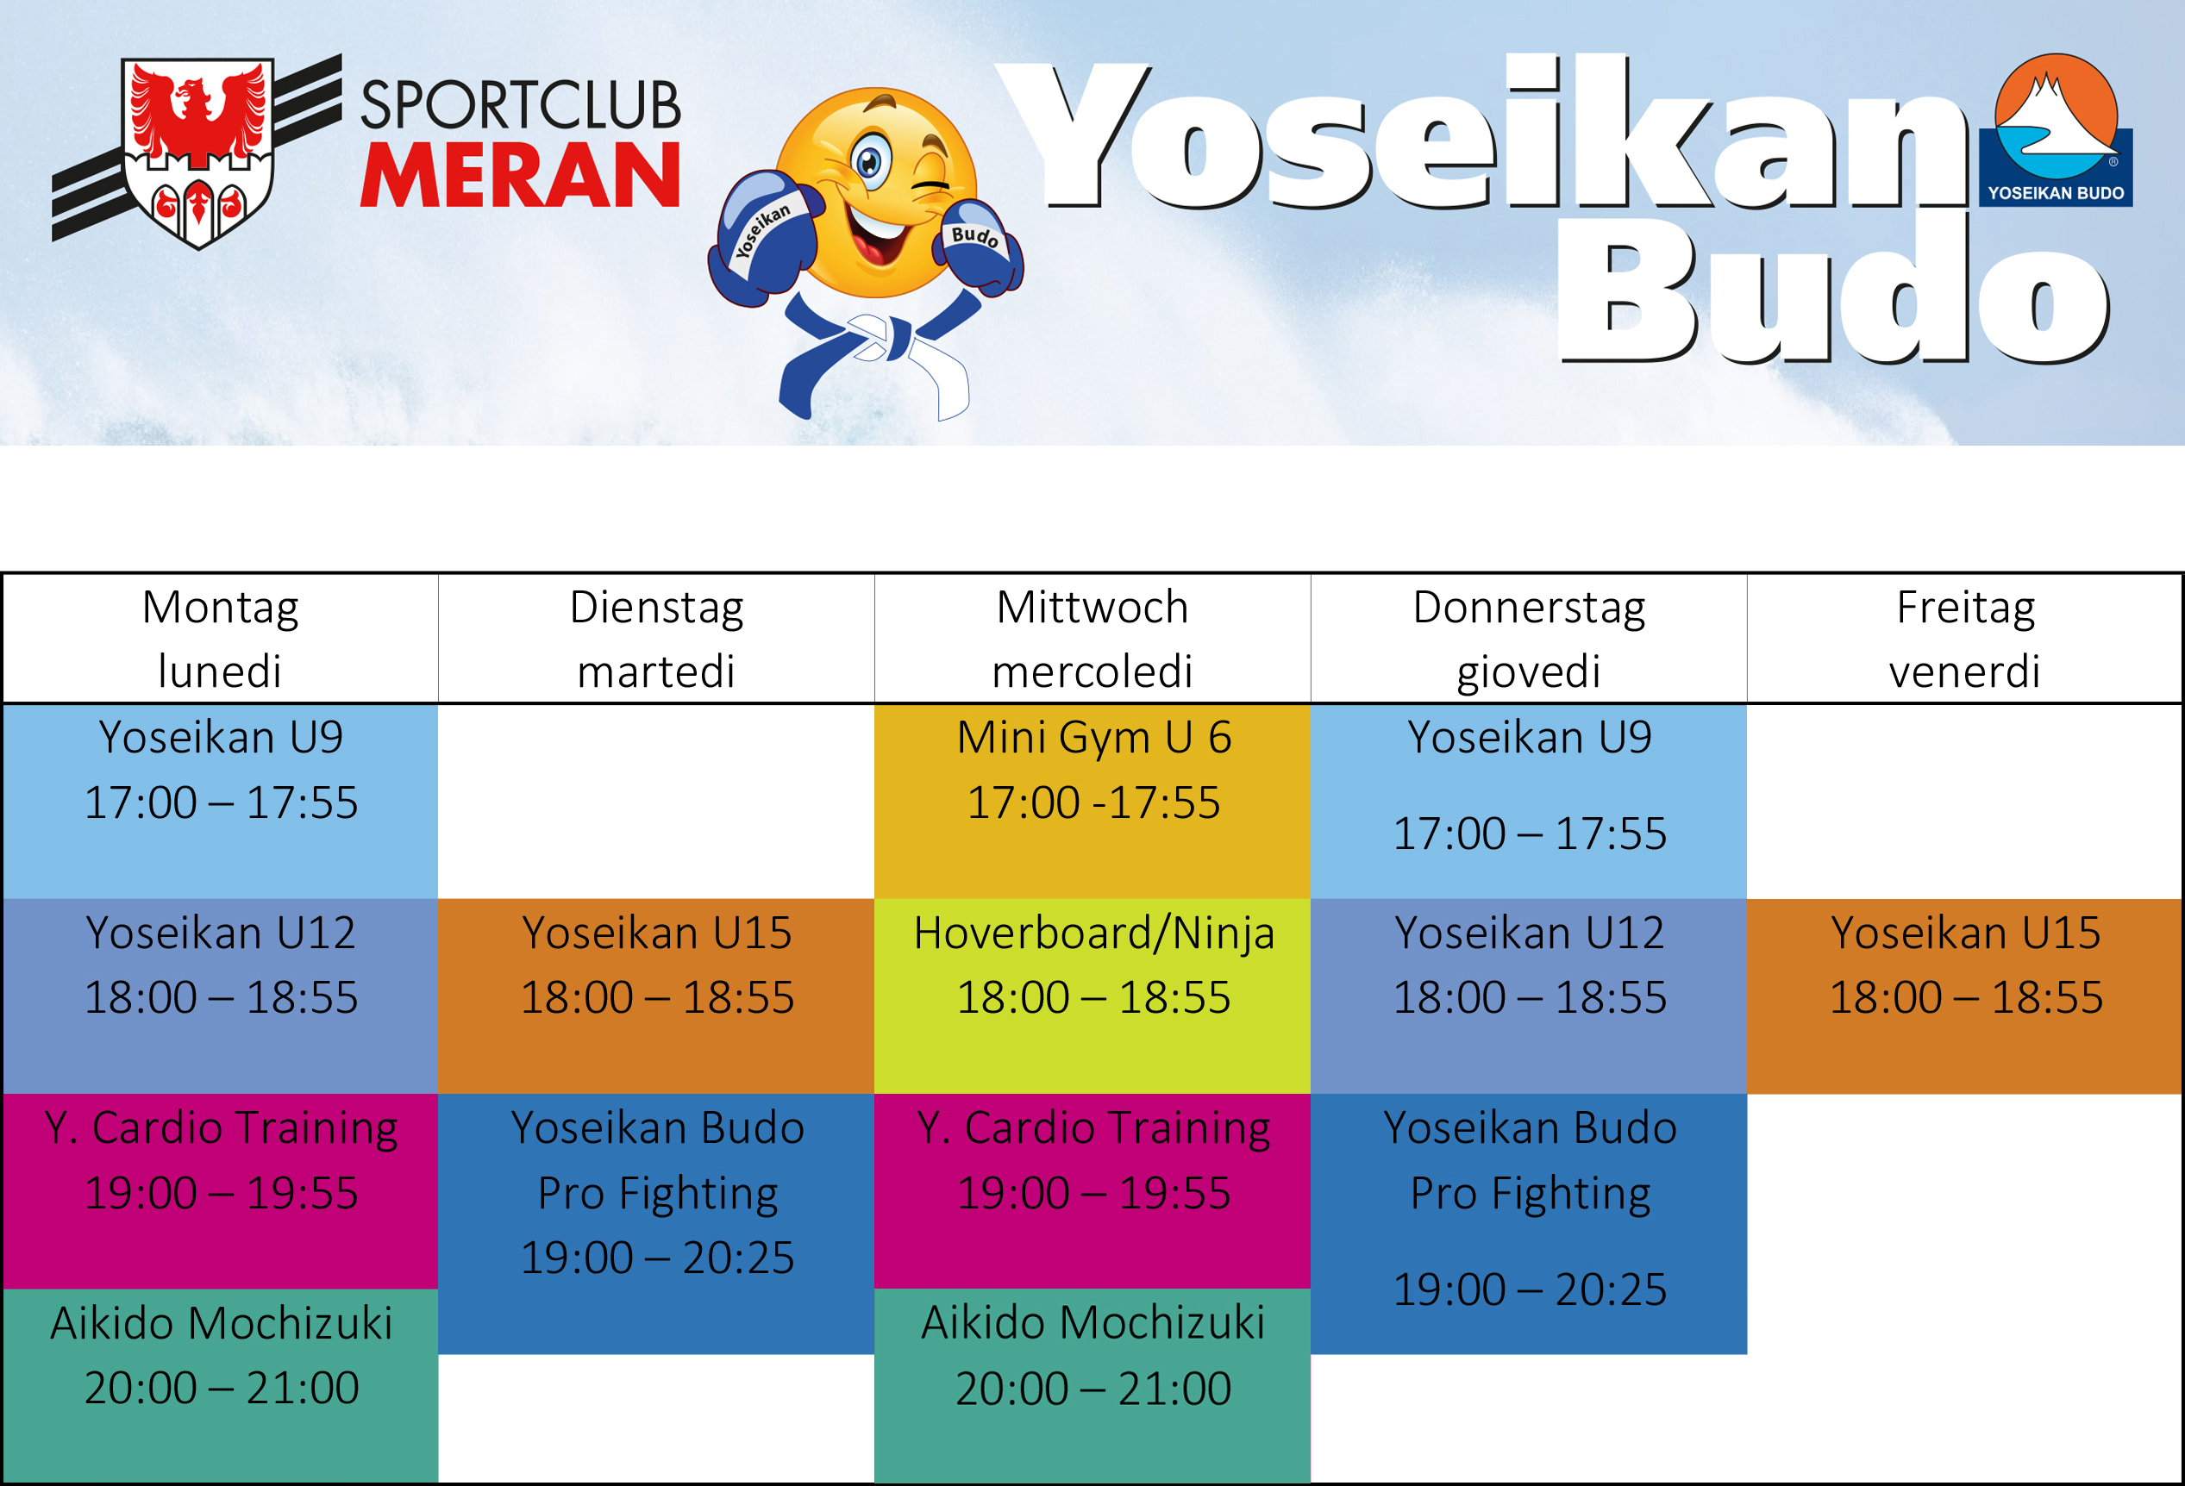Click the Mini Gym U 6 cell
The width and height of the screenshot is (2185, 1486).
pos(1092,801)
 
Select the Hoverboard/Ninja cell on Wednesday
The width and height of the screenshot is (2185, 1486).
pos(1092,996)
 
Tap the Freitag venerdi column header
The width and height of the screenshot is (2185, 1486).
pos(1964,638)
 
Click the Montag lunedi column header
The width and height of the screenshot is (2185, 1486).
pos(221,638)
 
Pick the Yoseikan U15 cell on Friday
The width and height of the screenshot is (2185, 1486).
pos(1965,996)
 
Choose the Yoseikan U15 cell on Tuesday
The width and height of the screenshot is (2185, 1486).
pos(656,996)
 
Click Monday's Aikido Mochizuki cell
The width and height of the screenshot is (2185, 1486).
pos(221,1385)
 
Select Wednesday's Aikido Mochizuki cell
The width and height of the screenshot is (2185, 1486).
pos(1092,1385)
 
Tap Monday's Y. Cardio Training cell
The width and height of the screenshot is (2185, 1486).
pos(221,1191)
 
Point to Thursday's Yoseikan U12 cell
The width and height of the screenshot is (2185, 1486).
pos(1529,996)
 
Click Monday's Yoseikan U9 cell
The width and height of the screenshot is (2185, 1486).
pos(221,801)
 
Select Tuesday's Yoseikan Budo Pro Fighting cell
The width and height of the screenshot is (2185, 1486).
pos(656,1224)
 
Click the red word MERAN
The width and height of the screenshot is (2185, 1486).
pos(520,175)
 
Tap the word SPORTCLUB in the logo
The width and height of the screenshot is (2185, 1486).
pos(521,104)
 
